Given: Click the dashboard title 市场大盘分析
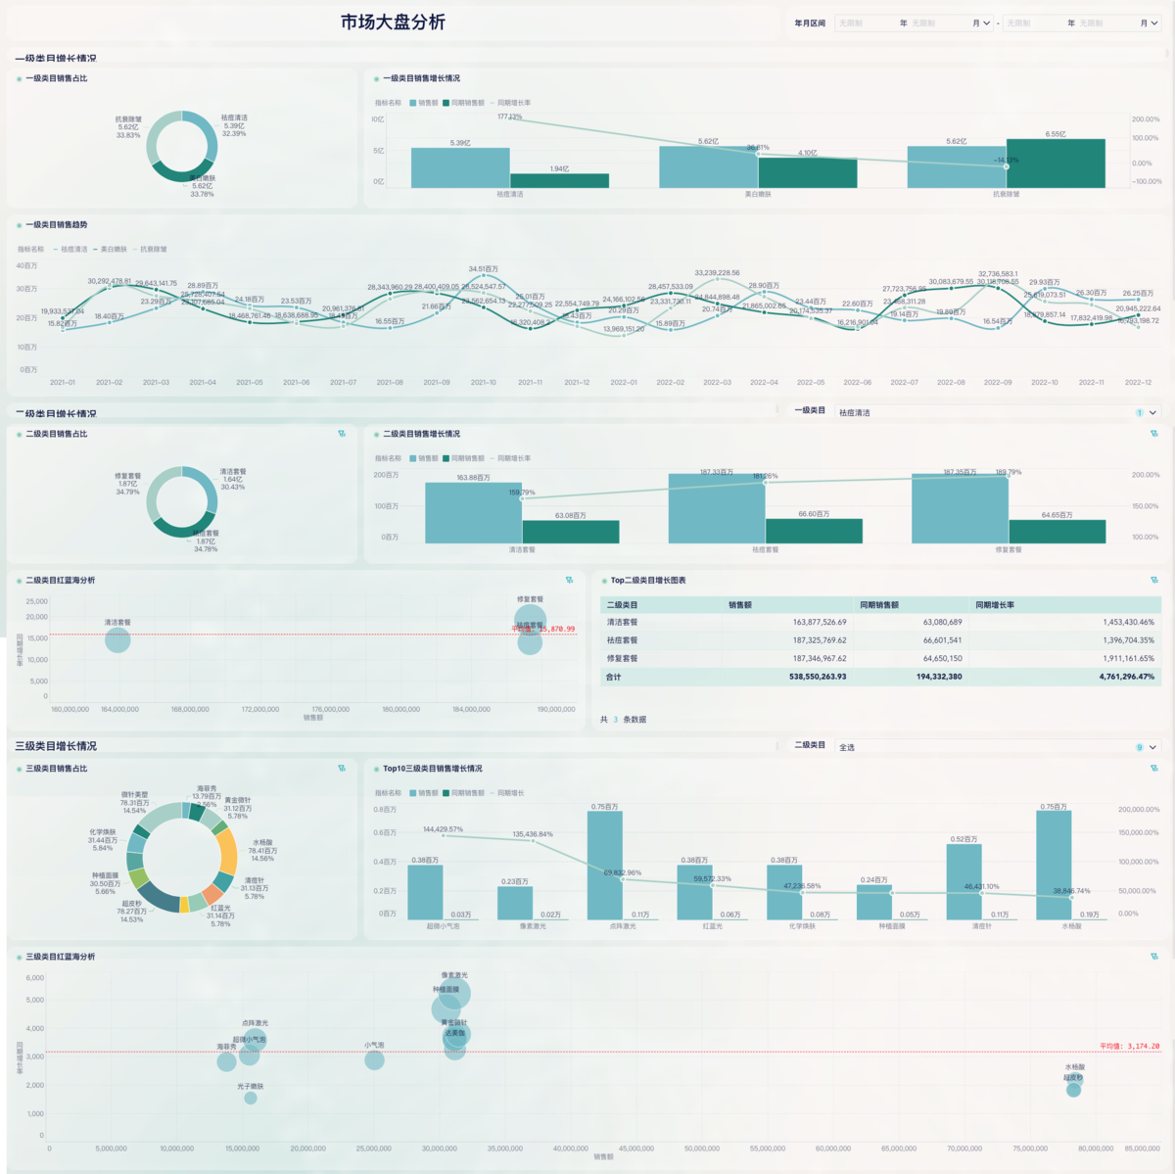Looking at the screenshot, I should coord(393,22).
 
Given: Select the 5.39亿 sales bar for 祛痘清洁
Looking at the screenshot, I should coord(460,167).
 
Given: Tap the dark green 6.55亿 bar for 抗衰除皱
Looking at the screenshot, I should coord(1056,164).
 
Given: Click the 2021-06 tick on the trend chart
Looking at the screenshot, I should coord(297,383).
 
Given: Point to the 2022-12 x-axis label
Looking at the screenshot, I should coord(1138,383).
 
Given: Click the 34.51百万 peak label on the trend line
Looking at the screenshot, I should coord(483,269).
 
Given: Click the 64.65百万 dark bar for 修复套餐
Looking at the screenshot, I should coord(1057,531).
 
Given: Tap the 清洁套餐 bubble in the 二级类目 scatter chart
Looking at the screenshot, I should coord(117,640).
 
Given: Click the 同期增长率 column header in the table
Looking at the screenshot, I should coord(995,605).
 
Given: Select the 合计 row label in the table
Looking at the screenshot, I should coord(614,677).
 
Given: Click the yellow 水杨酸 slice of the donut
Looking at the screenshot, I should coord(227,850).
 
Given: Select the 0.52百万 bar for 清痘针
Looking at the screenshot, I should coord(963,881).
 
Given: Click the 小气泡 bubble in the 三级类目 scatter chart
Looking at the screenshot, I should coord(374,1060).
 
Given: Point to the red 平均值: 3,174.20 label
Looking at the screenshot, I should coord(1129,1047).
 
